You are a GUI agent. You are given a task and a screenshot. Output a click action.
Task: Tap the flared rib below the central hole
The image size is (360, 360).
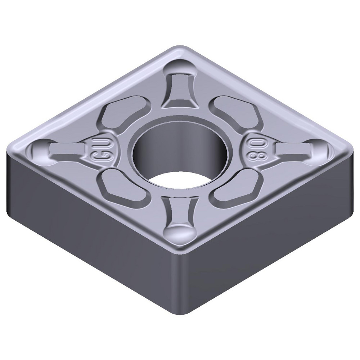click(179, 211)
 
